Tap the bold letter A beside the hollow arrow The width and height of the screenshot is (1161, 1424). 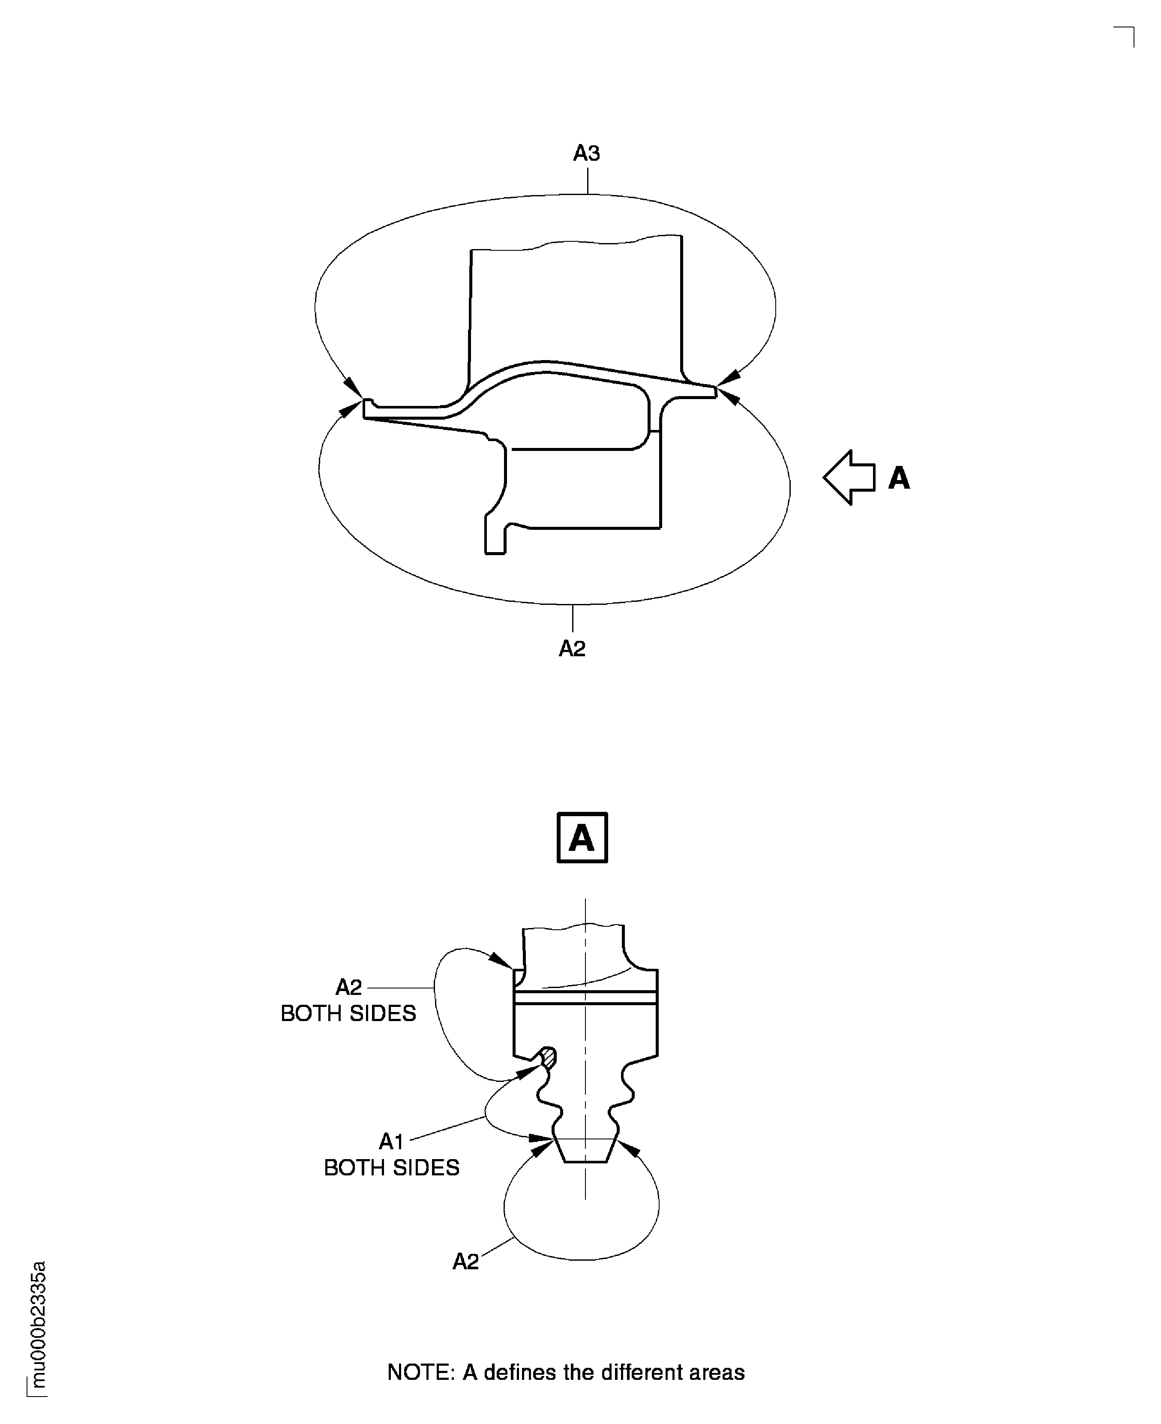click(899, 478)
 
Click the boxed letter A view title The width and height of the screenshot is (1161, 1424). click(582, 838)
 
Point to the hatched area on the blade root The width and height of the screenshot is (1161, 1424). click(549, 1057)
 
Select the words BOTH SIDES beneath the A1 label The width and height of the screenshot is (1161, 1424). click(391, 1167)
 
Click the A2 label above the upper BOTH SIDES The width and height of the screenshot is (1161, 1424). click(348, 987)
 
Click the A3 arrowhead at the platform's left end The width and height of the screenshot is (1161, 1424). click(352, 387)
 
